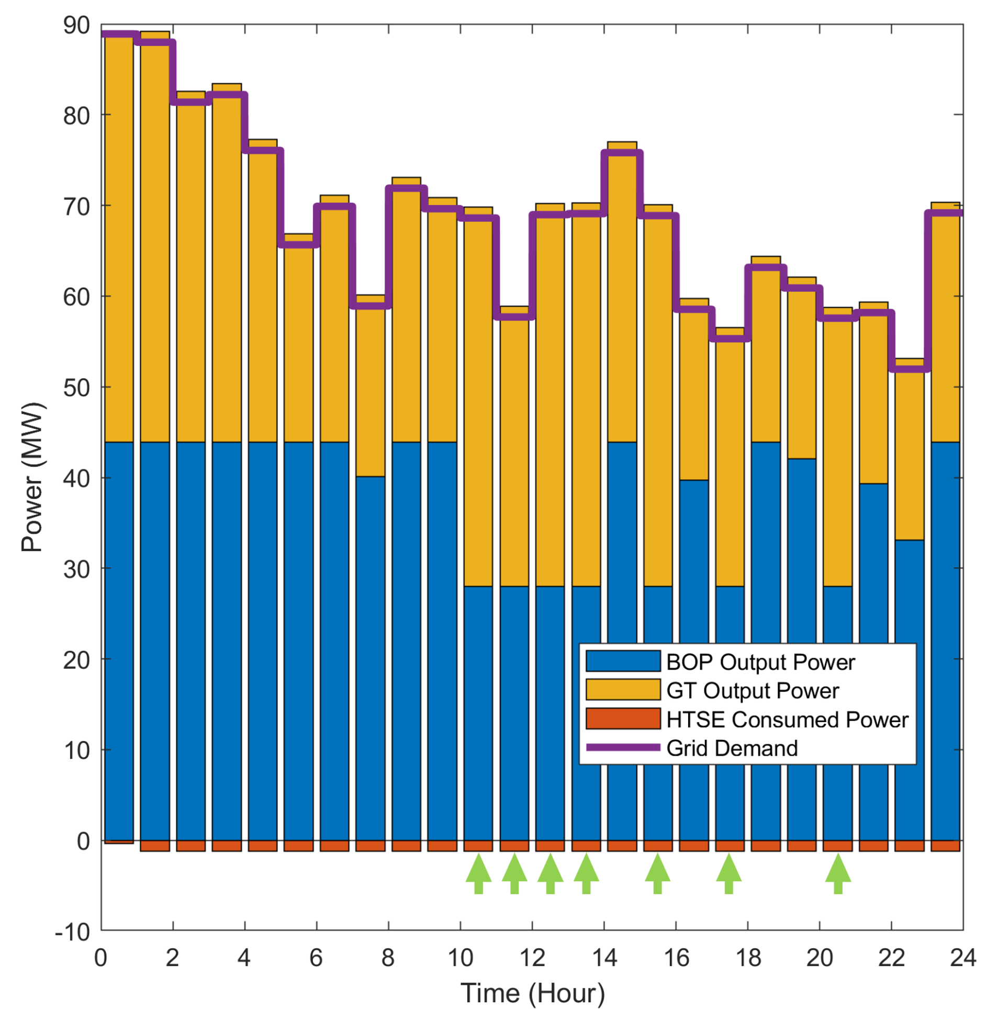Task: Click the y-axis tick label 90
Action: [76, 25]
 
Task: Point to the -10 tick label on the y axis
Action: [72, 932]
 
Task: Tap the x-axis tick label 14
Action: [604, 958]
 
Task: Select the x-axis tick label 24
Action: [962, 958]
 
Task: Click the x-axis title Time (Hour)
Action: [532, 993]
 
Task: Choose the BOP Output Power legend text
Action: [760, 662]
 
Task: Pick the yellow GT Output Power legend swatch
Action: [622, 690]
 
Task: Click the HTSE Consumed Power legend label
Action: [787, 720]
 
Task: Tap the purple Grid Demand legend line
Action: [622, 748]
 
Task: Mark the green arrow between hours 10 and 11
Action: [478, 873]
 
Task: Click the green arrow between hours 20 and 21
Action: [837, 873]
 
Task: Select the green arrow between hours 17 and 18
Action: [728, 873]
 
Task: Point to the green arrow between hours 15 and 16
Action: [657, 873]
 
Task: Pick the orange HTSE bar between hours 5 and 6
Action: [298, 845]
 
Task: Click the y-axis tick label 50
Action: [76, 388]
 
